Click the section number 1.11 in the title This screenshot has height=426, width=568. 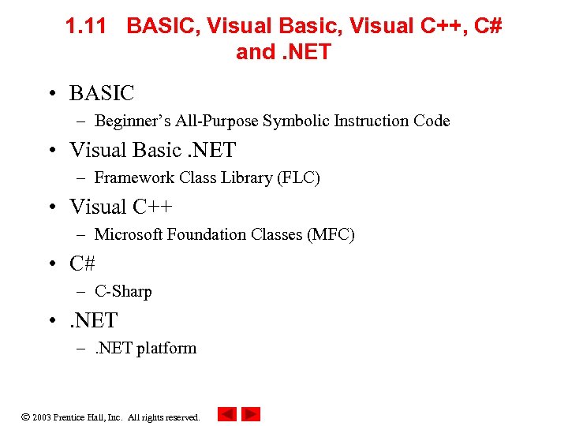click(x=86, y=27)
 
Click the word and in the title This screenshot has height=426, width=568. click(x=256, y=53)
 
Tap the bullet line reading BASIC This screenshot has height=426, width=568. click(x=102, y=93)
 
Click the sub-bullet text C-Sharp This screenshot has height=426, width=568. click(x=123, y=291)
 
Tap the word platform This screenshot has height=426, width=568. click(x=166, y=348)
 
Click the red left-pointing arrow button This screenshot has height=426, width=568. click(x=227, y=414)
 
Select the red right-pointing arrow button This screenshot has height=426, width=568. click(x=251, y=414)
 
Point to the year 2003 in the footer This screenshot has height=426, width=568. click(x=42, y=417)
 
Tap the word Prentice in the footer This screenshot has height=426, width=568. click(x=70, y=417)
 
